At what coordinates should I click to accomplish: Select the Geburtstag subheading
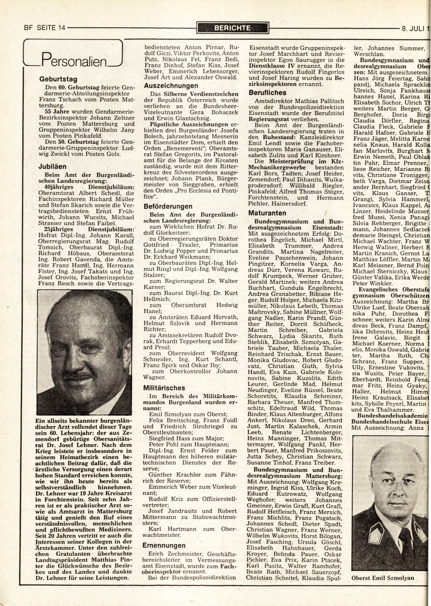pyautogui.click(x=58, y=80)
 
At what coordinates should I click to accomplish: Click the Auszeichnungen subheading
pyautogui.click(x=166, y=86)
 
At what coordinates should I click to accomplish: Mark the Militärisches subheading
pyautogui.click(x=164, y=388)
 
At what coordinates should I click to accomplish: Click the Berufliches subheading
pyautogui.click(x=268, y=93)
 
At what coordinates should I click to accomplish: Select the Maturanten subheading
pyautogui.click(x=267, y=213)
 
